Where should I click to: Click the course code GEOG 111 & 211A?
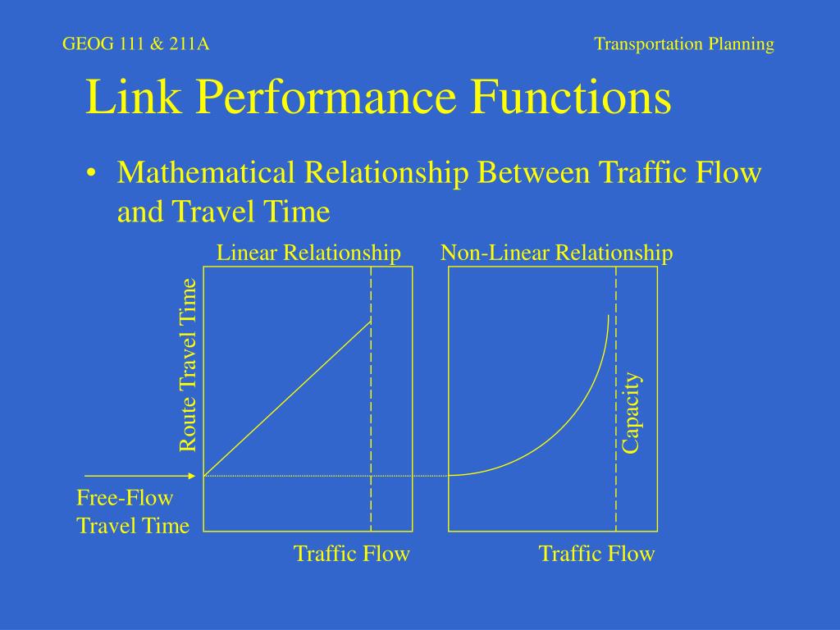pyautogui.click(x=135, y=43)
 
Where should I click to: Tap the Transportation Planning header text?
pyautogui.click(x=684, y=44)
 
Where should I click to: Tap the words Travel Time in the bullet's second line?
pyautogui.click(x=251, y=211)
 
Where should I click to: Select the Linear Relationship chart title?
pyautogui.click(x=308, y=253)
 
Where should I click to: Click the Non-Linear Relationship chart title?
pyautogui.click(x=557, y=253)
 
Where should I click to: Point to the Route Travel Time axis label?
pyautogui.click(x=188, y=365)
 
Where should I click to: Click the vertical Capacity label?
pyautogui.click(x=631, y=413)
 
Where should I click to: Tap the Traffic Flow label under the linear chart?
pyautogui.click(x=352, y=554)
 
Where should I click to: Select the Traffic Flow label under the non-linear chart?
pyautogui.click(x=597, y=554)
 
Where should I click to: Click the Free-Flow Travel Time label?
pyautogui.click(x=133, y=512)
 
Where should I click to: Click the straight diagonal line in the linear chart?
pyautogui.click(x=287, y=398)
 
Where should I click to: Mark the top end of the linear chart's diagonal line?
pyautogui.click(x=371, y=321)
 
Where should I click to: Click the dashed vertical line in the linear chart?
pyautogui.click(x=371, y=399)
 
